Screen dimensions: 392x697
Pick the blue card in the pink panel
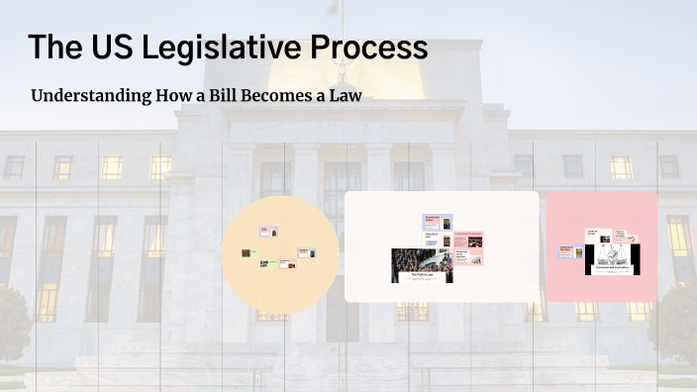(566, 251)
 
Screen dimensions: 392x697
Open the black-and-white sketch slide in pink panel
(614, 259)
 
